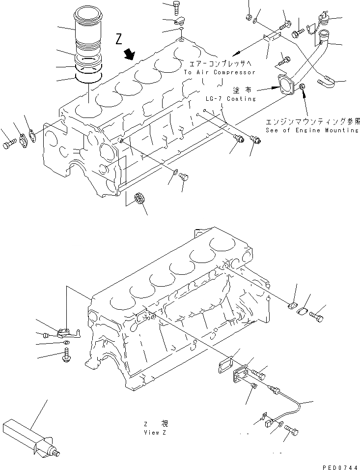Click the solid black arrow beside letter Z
(x=131, y=54)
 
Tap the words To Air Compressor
(x=220, y=72)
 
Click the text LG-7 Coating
(x=231, y=98)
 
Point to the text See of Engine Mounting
(x=312, y=130)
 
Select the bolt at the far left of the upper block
(x=9, y=144)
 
